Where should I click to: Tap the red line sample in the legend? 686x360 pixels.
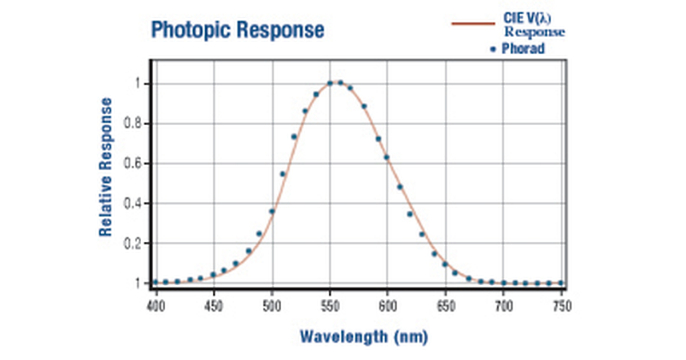[x=473, y=23]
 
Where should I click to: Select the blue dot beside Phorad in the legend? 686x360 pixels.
[x=493, y=50]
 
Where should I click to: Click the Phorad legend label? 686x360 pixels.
[x=523, y=49]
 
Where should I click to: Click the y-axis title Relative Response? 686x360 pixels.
[x=106, y=167]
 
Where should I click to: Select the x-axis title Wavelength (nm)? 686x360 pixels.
[x=364, y=337]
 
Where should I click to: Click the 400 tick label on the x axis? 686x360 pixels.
[x=155, y=306]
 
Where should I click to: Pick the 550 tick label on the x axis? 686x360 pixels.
[x=329, y=306]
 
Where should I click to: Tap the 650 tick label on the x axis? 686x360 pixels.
[x=445, y=306]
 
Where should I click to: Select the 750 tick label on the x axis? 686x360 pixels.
[x=561, y=306]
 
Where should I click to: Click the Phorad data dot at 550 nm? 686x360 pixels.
[x=330, y=83]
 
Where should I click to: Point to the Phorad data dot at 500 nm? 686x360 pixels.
[x=272, y=211]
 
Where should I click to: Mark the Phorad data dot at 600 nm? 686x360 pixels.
[x=386, y=157]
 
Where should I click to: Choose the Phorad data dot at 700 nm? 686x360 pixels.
[x=504, y=283]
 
